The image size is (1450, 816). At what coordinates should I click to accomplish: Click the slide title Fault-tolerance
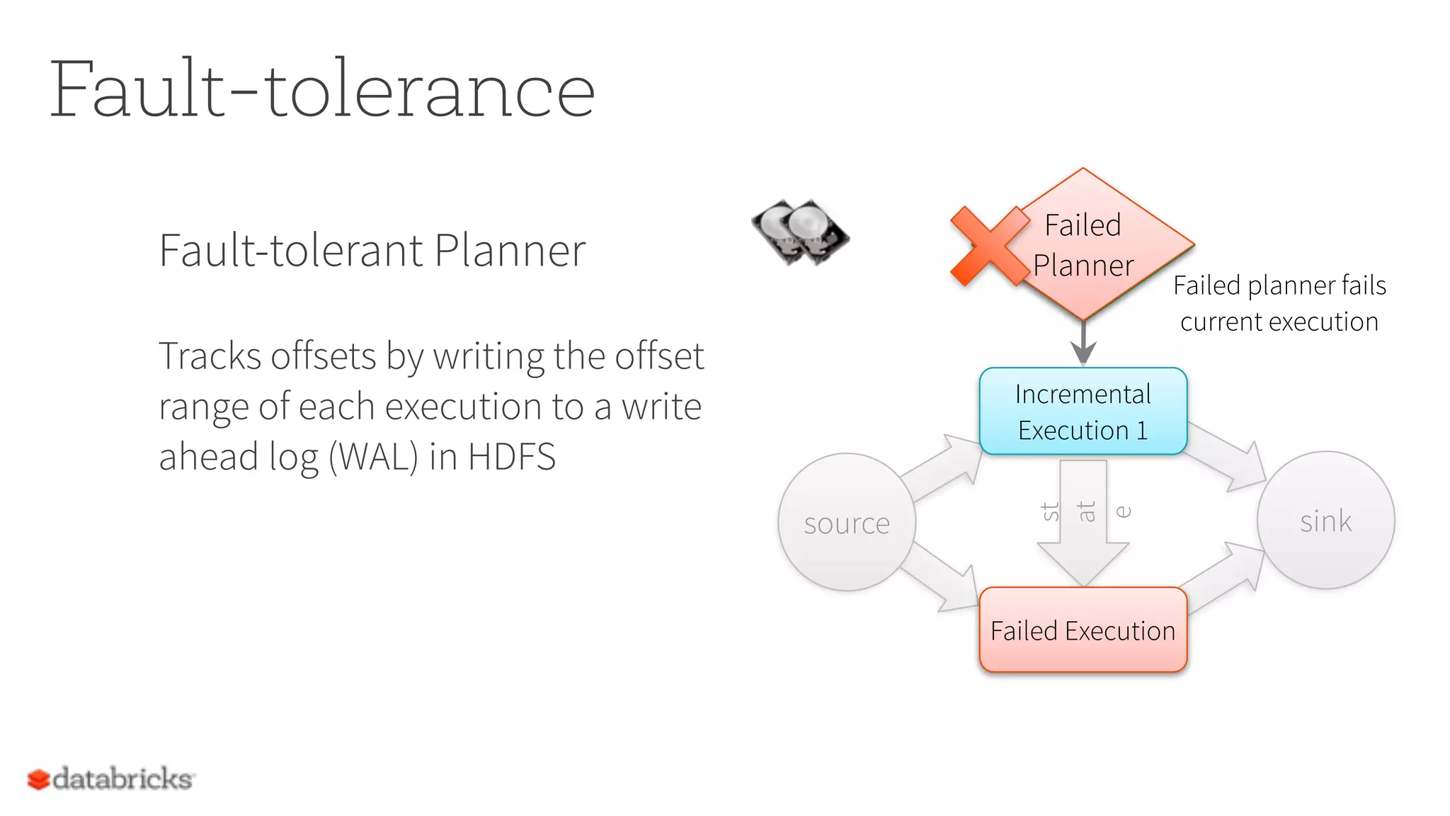click(x=322, y=90)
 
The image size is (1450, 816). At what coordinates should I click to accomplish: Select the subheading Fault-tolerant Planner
click(x=372, y=251)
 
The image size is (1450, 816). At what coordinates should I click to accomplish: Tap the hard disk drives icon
click(x=800, y=232)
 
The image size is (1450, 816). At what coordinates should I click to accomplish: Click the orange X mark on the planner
click(x=988, y=246)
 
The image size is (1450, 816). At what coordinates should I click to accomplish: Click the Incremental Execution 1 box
click(x=1083, y=412)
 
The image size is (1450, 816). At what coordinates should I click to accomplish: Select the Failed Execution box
click(x=1083, y=630)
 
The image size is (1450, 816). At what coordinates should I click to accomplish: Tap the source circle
click(x=846, y=523)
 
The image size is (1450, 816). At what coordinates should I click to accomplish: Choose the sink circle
click(x=1325, y=521)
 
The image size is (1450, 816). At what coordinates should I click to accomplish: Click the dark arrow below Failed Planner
click(x=1083, y=344)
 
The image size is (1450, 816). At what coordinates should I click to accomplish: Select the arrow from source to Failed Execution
click(x=942, y=577)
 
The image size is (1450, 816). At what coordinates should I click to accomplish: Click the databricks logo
click(x=111, y=779)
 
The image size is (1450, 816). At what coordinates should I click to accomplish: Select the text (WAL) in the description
click(x=373, y=457)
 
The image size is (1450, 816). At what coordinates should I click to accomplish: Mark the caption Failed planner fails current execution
click(x=1279, y=303)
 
